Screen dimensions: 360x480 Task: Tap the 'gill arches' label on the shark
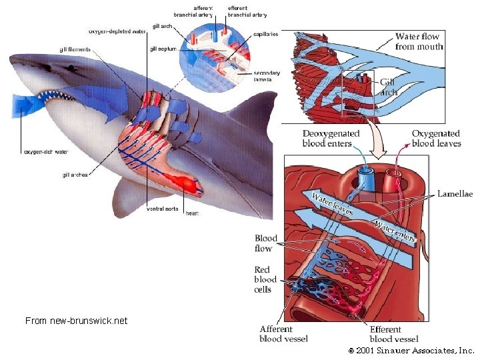[75, 175]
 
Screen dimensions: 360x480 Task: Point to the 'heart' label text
[192, 213]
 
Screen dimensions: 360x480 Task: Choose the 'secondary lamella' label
[267, 76]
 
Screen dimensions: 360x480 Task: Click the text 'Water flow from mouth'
[419, 41]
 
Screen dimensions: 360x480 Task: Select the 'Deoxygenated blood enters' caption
[331, 138]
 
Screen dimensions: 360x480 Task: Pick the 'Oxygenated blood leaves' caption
[436, 138]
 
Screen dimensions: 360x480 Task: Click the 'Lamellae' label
[455, 194]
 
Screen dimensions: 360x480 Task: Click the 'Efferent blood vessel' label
[395, 333]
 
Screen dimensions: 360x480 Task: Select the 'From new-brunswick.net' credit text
[76, 321]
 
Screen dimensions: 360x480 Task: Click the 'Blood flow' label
[266, 243]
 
